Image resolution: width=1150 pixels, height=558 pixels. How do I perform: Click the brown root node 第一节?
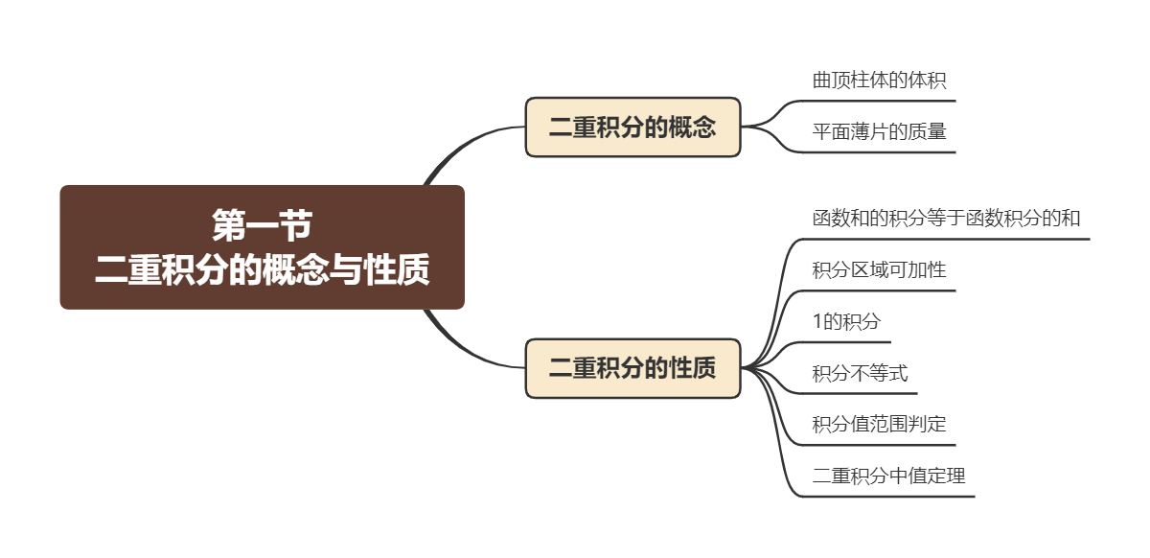coord(262,247)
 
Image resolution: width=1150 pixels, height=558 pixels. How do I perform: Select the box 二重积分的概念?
coord(632,127)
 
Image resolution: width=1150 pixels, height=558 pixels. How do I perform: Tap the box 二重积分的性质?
coord(632,368)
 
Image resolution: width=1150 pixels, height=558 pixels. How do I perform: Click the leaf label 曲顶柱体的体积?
coord(879,81)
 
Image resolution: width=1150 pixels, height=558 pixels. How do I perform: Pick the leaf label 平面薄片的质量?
coord(879,132)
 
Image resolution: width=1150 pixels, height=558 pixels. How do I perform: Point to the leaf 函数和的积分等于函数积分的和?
coord(946,219)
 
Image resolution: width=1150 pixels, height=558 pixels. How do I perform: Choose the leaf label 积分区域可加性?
coord(879,270)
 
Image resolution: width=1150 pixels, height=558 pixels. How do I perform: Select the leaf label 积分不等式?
coord(860,374)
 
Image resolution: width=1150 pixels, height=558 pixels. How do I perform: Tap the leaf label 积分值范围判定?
coord(879,424)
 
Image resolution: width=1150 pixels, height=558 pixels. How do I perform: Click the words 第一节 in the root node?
coord(262,226)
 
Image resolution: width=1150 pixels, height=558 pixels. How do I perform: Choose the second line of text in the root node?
coord(262,270)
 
